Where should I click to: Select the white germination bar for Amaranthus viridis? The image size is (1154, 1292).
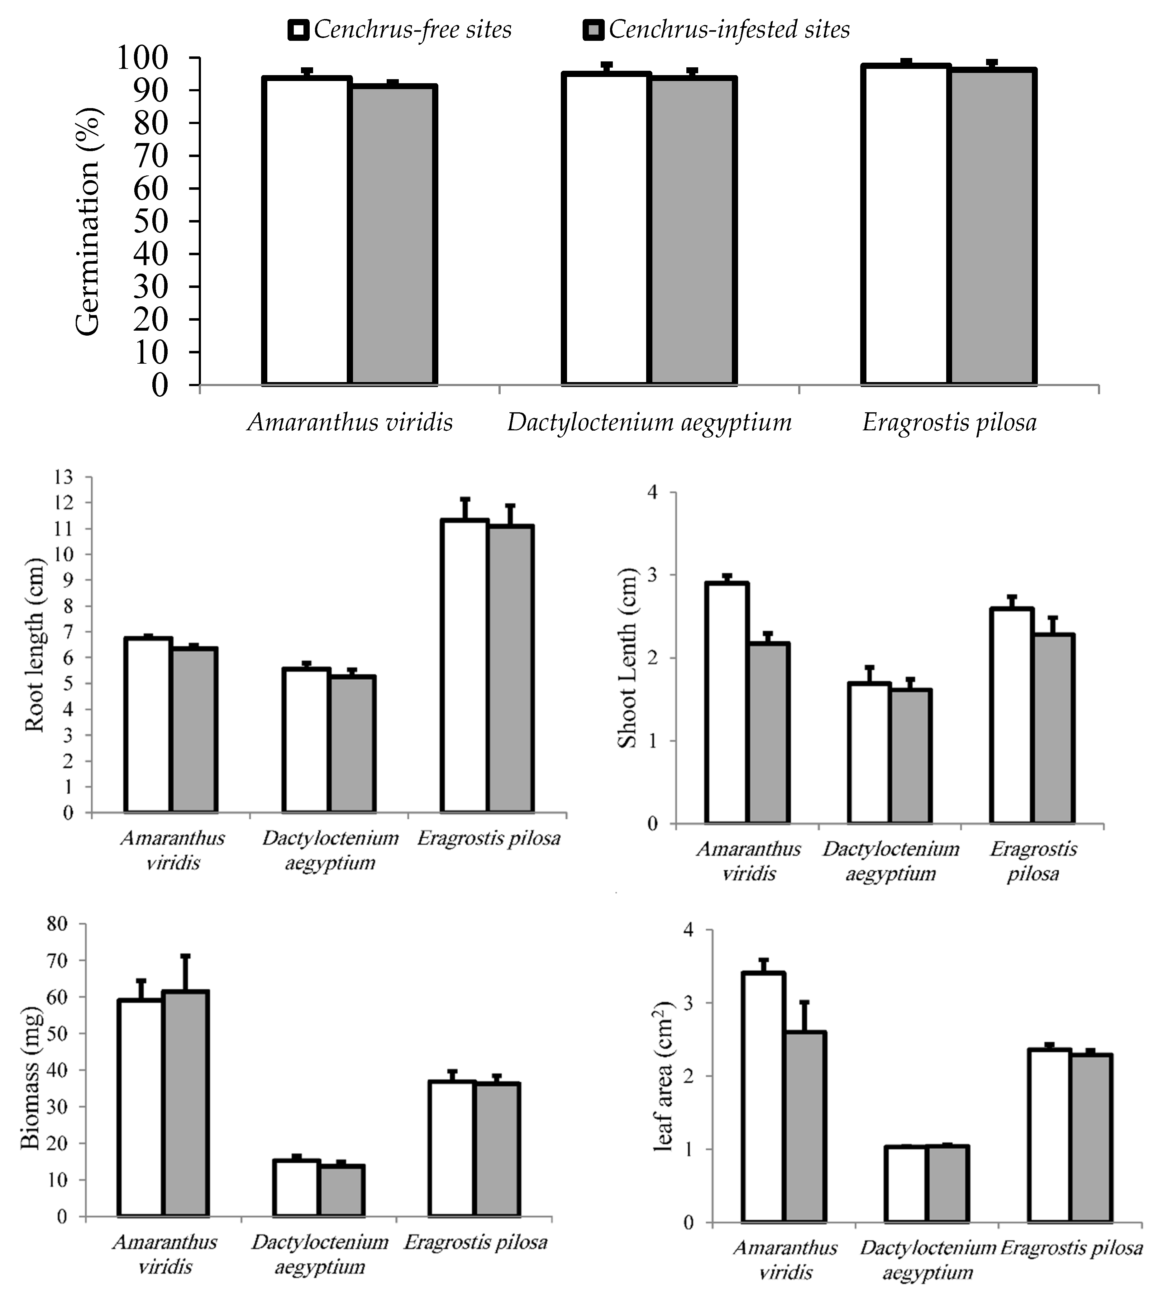307,232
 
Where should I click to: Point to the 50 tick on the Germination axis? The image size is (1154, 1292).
151,221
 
